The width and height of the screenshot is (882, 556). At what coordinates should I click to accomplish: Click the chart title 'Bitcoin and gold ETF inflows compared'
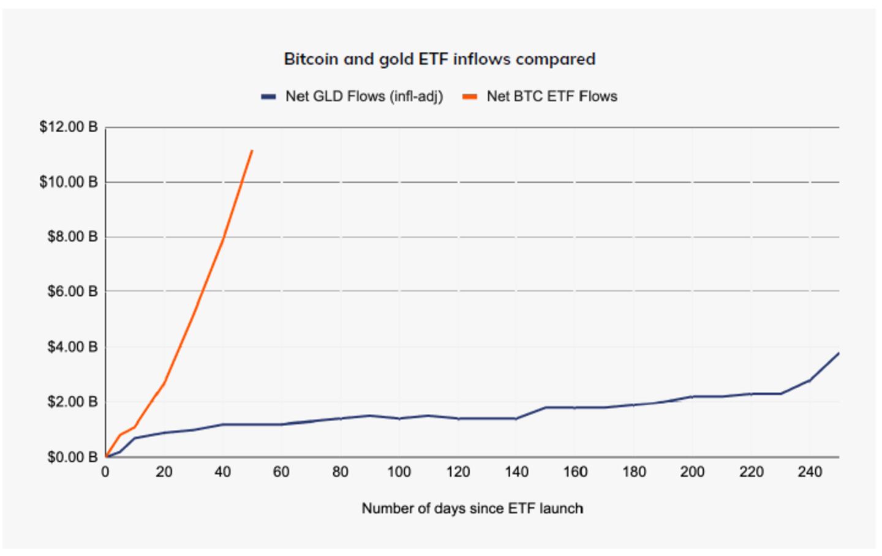click(x=439, y=59)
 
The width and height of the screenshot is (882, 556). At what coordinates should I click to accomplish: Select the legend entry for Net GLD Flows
click(x=352, y=97)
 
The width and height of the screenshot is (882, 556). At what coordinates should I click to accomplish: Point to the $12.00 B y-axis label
click(x=68, y=127)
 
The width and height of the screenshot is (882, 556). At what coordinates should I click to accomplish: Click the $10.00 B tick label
click(x=68, y=182)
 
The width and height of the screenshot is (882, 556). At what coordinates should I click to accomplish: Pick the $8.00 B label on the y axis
click(x=72, y=236)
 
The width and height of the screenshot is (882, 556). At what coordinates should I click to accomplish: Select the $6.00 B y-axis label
click(x=72, y=291)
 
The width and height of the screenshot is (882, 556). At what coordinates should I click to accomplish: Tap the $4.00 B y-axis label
click(x=72, y=347)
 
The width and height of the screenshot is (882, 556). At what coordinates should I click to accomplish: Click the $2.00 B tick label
click(x=72, y=402)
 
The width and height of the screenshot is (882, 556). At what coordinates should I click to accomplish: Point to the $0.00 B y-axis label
click(x=72, y=457)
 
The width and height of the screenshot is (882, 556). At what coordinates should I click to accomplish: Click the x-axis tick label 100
click(x=399, y=472)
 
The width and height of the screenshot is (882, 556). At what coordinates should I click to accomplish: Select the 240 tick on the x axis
click(x=810, y=472)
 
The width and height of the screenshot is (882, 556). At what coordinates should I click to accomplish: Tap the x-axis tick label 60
click(x=281, y=472)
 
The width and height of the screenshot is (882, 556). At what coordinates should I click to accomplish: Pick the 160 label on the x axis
click(x=575, y=472)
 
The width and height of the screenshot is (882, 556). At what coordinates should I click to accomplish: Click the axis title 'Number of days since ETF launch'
click(x=472, y=508)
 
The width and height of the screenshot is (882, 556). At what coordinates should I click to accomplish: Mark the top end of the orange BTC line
click(x=252, y=150)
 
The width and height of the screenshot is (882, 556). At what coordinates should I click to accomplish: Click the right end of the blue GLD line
click(x=838, y=353)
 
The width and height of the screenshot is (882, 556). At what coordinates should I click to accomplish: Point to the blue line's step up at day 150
click(x=545, y=407)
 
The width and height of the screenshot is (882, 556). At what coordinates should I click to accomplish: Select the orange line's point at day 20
click(x=164, y=383)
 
